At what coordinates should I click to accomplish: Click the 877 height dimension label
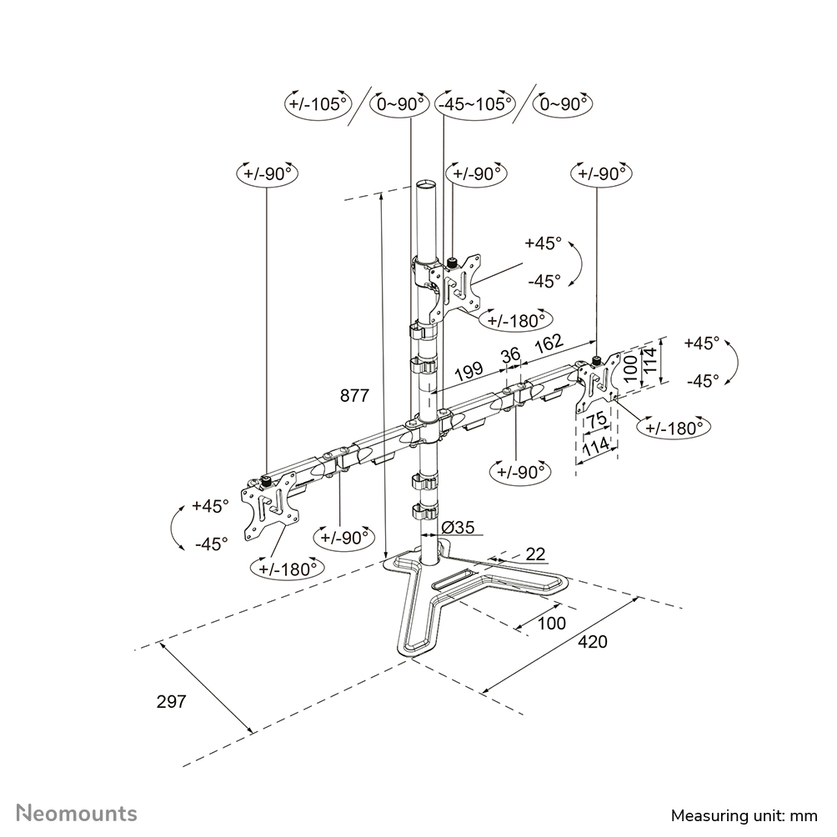tap(354, 397)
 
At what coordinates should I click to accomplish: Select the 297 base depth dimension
tap(171, 701)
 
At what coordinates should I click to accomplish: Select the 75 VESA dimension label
tap(595, 421)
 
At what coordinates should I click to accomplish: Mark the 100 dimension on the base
tap(551, 623)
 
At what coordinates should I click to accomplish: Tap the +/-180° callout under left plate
tap(286, 569)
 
